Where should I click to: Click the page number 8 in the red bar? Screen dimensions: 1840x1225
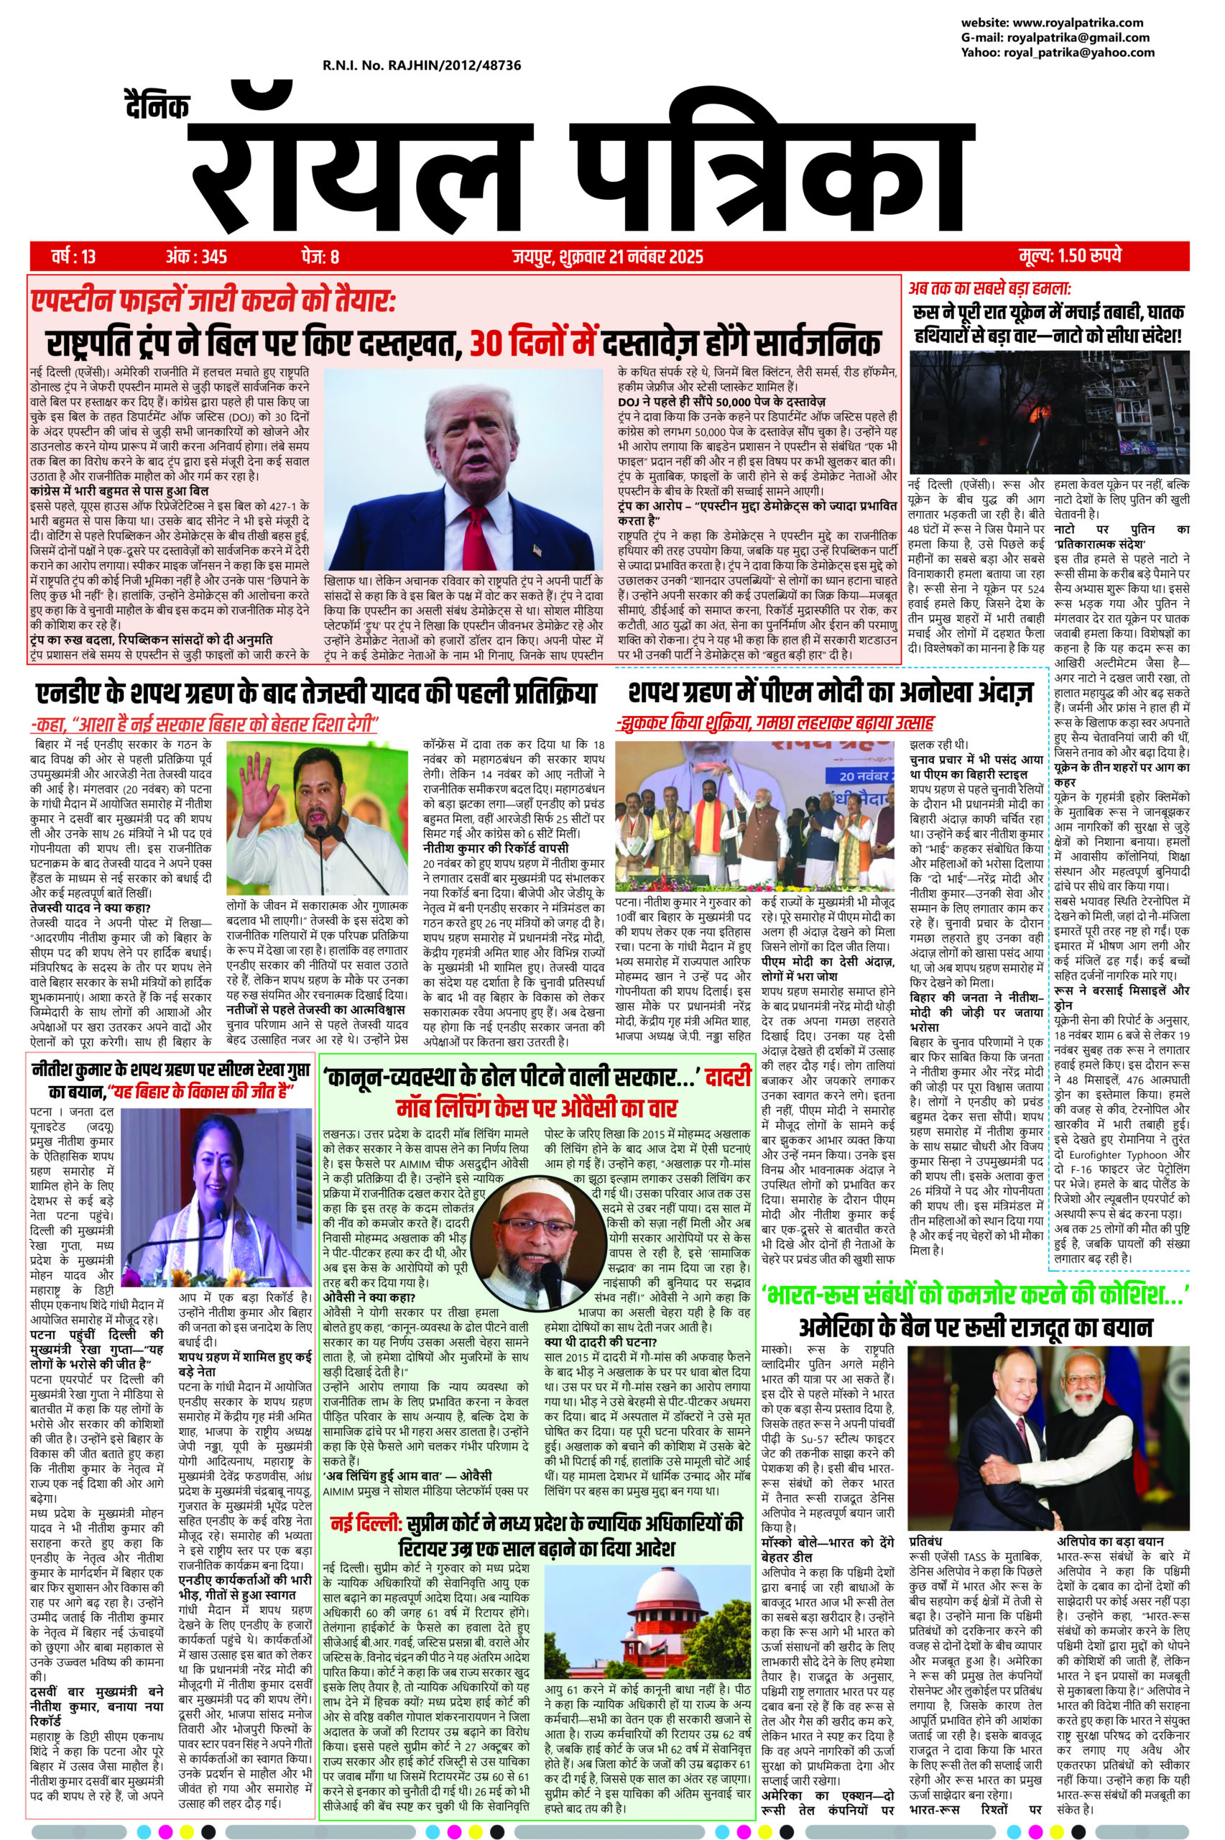pyautogui.click(x=335, y=257)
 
